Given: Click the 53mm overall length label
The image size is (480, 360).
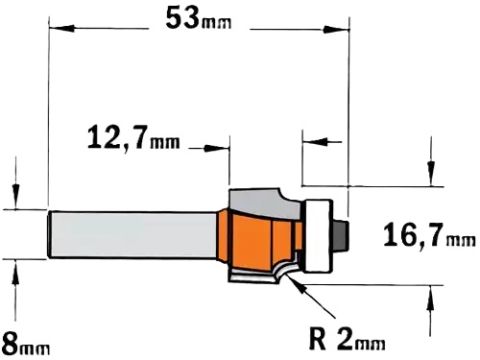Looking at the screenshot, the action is (198, 18).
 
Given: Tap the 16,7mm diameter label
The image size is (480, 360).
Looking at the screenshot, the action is (429, 235).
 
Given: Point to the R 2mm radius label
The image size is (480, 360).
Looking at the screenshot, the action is (347, 339).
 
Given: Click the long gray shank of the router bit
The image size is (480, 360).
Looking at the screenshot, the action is (133, 234).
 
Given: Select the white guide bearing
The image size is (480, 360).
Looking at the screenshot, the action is (319, 236).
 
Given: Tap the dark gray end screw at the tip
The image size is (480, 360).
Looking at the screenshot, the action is (340, 235).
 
